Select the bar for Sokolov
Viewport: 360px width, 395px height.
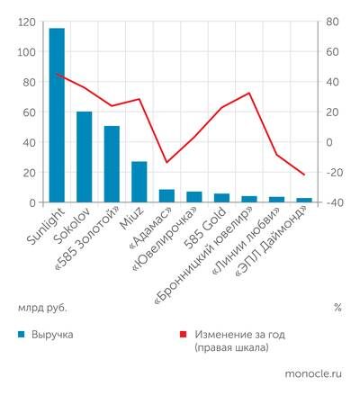[x=84, y=157]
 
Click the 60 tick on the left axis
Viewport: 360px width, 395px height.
[x=28, y=112]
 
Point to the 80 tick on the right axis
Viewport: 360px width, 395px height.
[x=332, y=22]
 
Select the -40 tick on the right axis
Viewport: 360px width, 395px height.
[x=332, y=203]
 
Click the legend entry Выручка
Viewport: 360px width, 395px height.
[x=55, y=334]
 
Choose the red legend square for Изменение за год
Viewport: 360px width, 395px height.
[x=184, y=334]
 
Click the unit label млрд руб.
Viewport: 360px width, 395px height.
[x=42, y=307]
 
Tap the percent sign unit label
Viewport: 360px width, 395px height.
[x=337, y=307]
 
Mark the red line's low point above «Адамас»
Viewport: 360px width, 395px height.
[x=166, y=163]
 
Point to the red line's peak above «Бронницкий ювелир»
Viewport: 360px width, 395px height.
[x=249, y=93]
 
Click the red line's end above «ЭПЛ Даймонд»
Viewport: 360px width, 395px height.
[x=304, y=175]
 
